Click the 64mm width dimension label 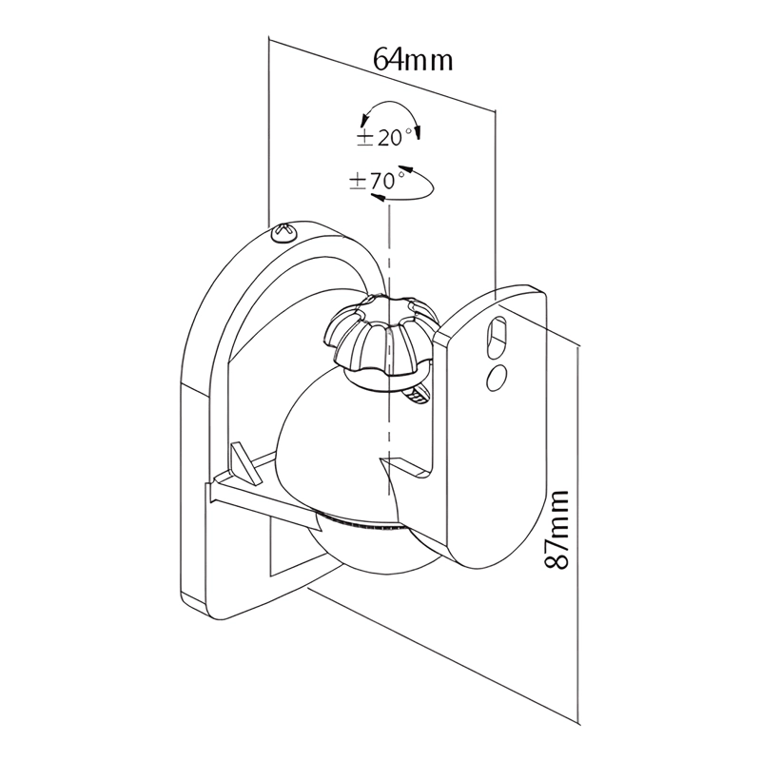pos(413,60)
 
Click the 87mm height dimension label pos(556,530)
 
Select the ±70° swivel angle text pos(377,181)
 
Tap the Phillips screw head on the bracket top pos(284,232)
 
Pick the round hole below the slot pos(497,377)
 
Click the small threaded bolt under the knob pos(418,394)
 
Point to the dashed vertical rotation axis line pos(388,349)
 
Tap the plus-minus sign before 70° pos(358,183)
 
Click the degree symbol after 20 pos(408,131)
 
